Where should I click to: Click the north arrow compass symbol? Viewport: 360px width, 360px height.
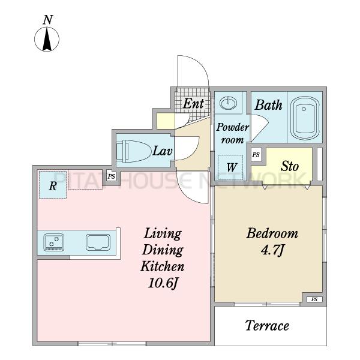[x=47, y=39]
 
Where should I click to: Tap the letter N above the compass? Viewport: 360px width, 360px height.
[x=48, y=20]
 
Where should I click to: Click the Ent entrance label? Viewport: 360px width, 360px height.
[x=193, y=103]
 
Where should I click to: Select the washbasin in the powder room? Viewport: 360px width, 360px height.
[x=228, y=103]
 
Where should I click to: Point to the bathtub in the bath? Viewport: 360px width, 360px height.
[x=305, y=118]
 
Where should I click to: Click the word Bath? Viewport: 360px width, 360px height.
[x=268, y=105]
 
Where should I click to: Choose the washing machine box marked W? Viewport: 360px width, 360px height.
[x=230, y=167]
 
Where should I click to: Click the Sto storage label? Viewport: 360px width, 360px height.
[x=290, y=166]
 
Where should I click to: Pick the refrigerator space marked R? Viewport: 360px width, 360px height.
[x=53, y=184]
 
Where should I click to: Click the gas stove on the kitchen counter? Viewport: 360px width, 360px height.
[x=54, y=242]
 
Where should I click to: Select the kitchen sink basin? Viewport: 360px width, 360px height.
[x=98, y=242]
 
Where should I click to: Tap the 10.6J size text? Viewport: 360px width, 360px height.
[x=163, y=283]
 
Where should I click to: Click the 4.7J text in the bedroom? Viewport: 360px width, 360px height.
[x=272, y=250]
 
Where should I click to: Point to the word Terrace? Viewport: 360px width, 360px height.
[x=267, y=326]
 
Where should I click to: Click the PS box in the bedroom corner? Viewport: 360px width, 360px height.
[x=314, y=299]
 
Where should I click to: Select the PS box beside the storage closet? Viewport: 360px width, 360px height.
[x=256, y=155]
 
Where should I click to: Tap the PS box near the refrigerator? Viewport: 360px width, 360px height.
[x=112, y=176]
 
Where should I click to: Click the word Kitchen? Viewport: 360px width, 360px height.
[x=163, y=266]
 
